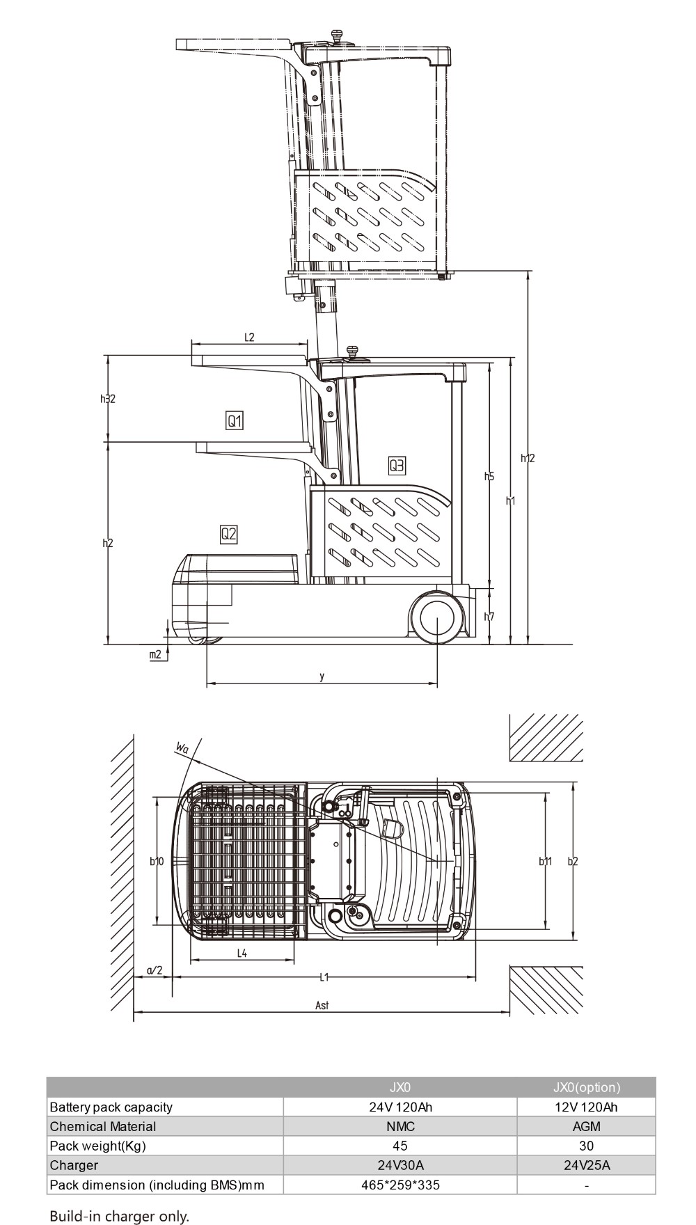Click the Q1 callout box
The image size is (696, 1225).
click(235, 420)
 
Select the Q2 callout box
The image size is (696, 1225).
click(229, 535)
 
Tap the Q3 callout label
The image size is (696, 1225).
click(397, 466)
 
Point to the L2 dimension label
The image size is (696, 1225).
click(249, 338)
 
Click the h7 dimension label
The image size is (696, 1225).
click(489, 617)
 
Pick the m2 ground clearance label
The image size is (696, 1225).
click(156, 654)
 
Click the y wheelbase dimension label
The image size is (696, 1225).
click(322, 677)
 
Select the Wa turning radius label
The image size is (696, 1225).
click(182, 749)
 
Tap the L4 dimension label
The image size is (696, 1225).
click(242, 954)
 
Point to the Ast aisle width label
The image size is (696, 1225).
click(322, 1005)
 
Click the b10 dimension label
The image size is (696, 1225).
click(157, 862)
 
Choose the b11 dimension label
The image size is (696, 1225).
click(545, 862)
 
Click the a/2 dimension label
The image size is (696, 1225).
click(155, 970)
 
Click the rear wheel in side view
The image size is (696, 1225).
click(438, 617)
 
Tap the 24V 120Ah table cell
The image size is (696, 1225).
click(400, 1107)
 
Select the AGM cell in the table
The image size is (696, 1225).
click(586, 1126)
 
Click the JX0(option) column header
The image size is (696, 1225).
click(586, 1087)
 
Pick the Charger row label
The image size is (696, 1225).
click(74, 1165)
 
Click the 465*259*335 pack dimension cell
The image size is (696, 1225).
click(400, 1185)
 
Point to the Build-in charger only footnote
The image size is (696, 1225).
click(119, 1216)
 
